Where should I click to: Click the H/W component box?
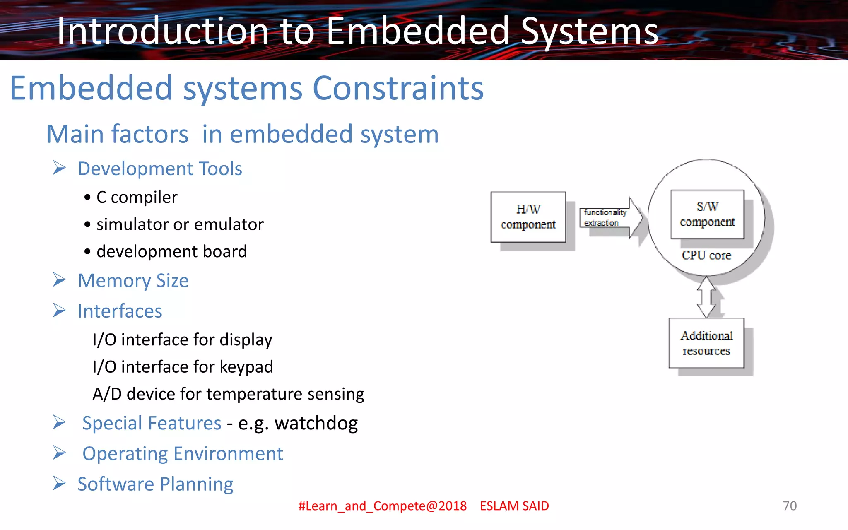528,217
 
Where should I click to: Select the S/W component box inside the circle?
707,214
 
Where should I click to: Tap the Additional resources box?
706,343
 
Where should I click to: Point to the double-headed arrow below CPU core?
706,297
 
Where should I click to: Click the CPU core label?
706,255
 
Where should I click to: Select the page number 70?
790,506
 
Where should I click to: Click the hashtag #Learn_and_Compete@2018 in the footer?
382,506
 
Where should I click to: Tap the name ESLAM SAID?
514,506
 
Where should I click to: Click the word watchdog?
316,423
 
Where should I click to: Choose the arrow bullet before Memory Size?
59,280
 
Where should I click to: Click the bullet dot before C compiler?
87,198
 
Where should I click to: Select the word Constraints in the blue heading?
398,88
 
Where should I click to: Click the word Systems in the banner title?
589,31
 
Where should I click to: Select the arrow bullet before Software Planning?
59,484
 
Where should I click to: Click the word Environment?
228,453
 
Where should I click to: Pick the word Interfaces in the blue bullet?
120,311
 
